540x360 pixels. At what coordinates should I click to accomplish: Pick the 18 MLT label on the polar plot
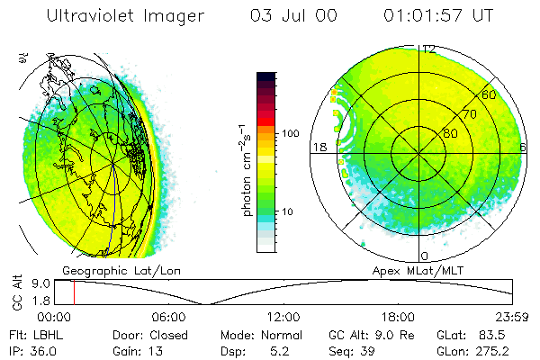click(318, 147)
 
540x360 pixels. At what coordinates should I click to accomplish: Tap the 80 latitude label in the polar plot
click(450, 133)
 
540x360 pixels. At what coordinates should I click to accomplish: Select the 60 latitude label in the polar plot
click(489, 94)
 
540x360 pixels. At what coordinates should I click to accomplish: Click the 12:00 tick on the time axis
click(283, 317)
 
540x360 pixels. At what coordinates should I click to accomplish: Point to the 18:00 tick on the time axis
click(398, 317)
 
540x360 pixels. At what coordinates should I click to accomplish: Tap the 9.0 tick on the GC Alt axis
click(38, 283)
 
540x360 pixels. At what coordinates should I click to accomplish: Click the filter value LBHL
click(47, 334)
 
